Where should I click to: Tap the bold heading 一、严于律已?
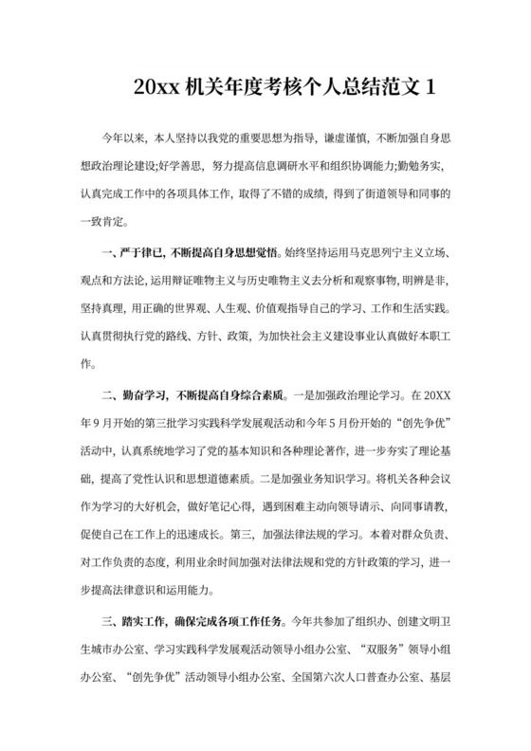(132, 254)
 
